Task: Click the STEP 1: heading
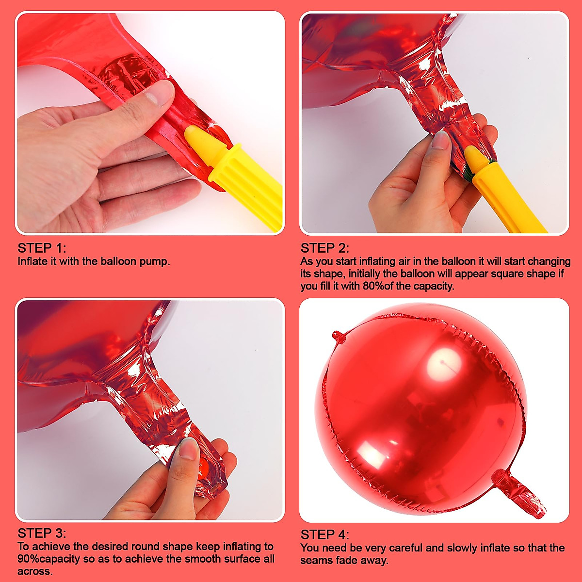(x=41, y=248)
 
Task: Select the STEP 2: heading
(x=324, y=248)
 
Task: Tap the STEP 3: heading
(x=41, y=533)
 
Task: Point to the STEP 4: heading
(x=324, y=535)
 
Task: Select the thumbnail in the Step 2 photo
(x=441, y=140)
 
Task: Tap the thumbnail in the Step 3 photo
(x=189, y=449)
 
